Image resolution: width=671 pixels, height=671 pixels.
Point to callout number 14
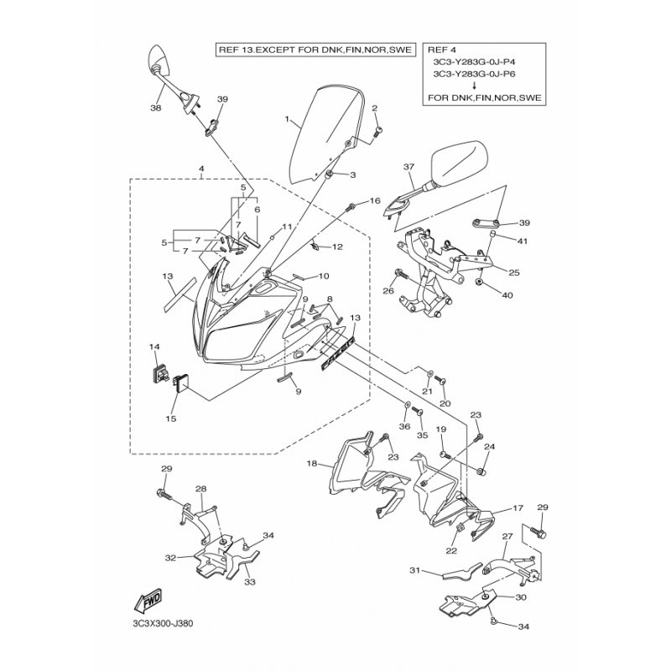[x=154, y=346]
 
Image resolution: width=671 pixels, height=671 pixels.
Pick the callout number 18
[x=312, y=464]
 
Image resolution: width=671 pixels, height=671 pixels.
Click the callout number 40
[x=507, y=294]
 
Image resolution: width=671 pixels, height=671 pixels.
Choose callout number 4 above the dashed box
[x=200, y=169]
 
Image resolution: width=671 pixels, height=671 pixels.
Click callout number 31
[x=414, y=571]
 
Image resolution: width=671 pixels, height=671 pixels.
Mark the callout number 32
[x=170, y=556]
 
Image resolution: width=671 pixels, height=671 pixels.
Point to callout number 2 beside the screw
[x=375, y=107]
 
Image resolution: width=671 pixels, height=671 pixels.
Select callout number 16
[x=375, y=200]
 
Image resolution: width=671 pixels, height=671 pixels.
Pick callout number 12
[x=337, y=247]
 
